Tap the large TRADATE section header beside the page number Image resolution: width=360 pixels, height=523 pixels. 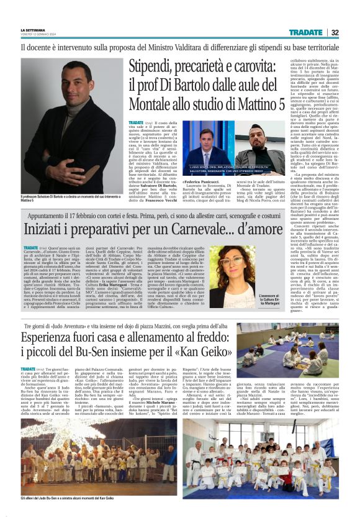305,32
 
